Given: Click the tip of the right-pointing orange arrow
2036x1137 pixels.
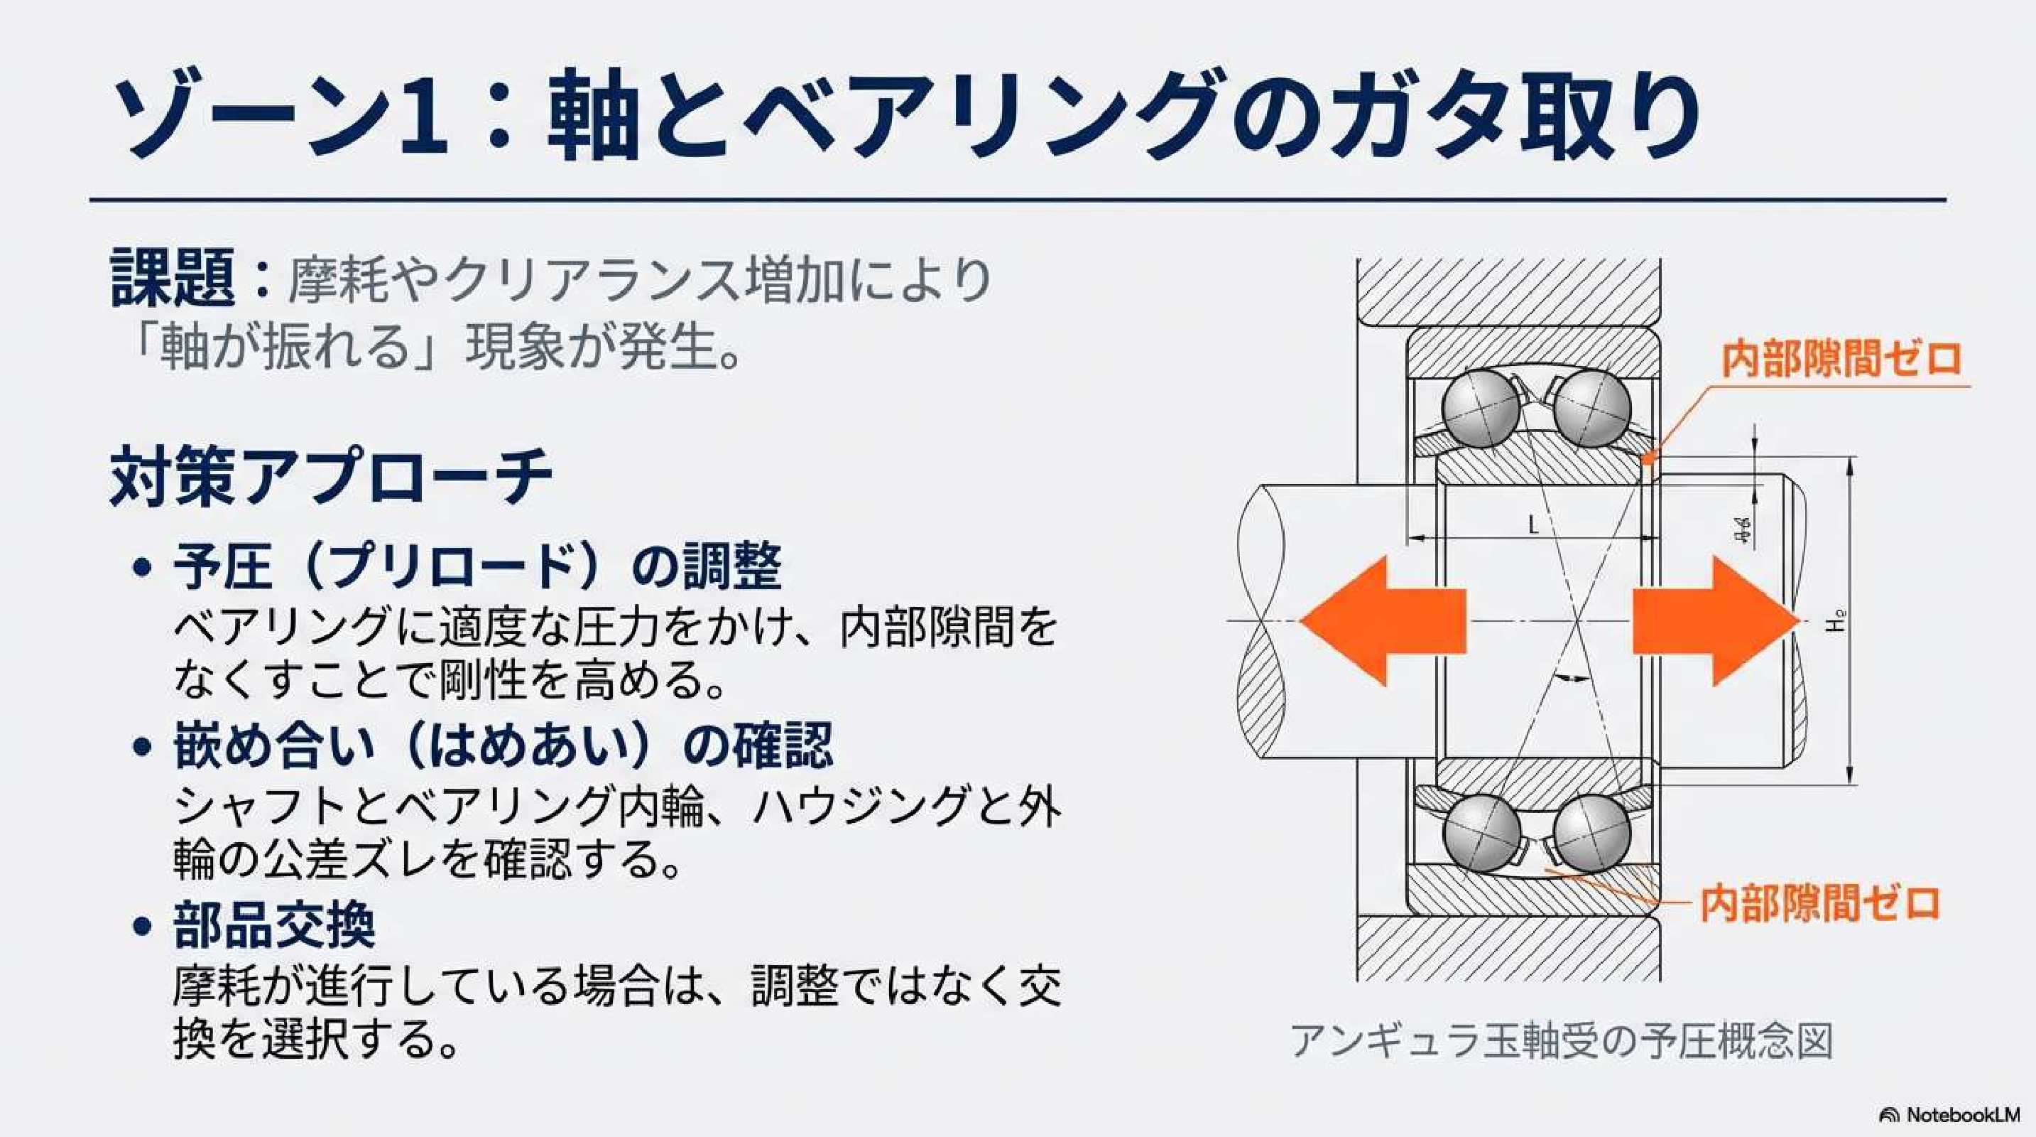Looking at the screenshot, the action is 1800,620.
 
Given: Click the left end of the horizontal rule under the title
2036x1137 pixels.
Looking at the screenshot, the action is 90,200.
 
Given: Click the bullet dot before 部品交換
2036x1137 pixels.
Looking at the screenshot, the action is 142,926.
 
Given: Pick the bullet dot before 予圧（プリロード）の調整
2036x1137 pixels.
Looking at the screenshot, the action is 142,567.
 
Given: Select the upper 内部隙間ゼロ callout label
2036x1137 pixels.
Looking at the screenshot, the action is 1841,359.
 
